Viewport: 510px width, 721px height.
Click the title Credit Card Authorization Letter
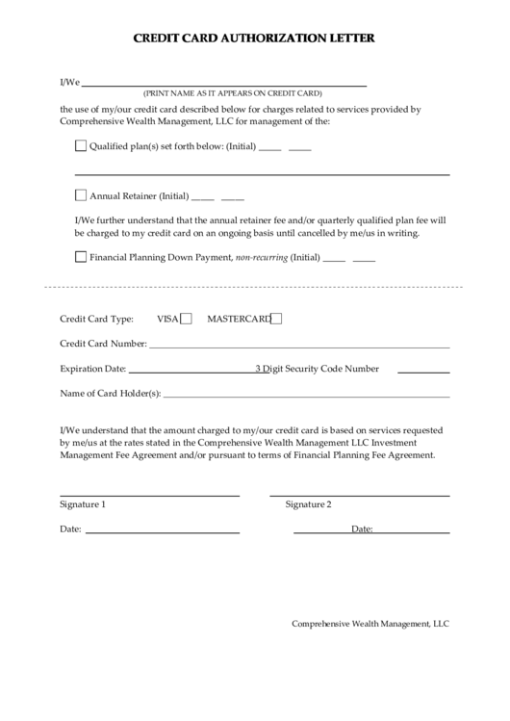pyautogui.click(x=254, y=39)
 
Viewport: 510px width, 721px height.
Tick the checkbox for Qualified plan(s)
pyautogui.click(x=80, y=146)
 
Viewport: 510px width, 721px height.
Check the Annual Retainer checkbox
pyautogui.click(x=80, y=194)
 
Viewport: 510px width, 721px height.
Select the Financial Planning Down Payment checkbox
pyautogui.click(x=80, y=257)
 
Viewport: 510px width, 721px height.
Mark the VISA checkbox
pyautogui.click(x=187, y=319)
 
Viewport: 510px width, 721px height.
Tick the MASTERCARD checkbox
pyautogui.click(x=276, y=319)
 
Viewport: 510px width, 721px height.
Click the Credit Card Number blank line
pyautogui.click(x=298, y=346)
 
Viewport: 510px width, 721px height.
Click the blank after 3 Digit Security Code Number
pyautogui.click(x=423, y=371)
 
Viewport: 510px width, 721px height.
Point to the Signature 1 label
pyautogui.click(x=83, y=504)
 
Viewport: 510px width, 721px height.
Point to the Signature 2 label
pyautogui.click(x=308, y=504)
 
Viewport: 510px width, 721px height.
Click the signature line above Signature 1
pyautogui.click(x=149, y=495)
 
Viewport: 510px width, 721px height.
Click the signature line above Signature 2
pyautogui.click(x=367, y=495)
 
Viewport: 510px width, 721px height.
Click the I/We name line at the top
pyautogui.click(x=225, y=85)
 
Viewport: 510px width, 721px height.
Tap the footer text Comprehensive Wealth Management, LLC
pyautogui.click(x=370, y=624)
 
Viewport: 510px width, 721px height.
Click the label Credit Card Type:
pyautogui.click(x=96, y=320)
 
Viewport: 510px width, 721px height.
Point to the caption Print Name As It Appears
pyautogui.click(x=232, y=94)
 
